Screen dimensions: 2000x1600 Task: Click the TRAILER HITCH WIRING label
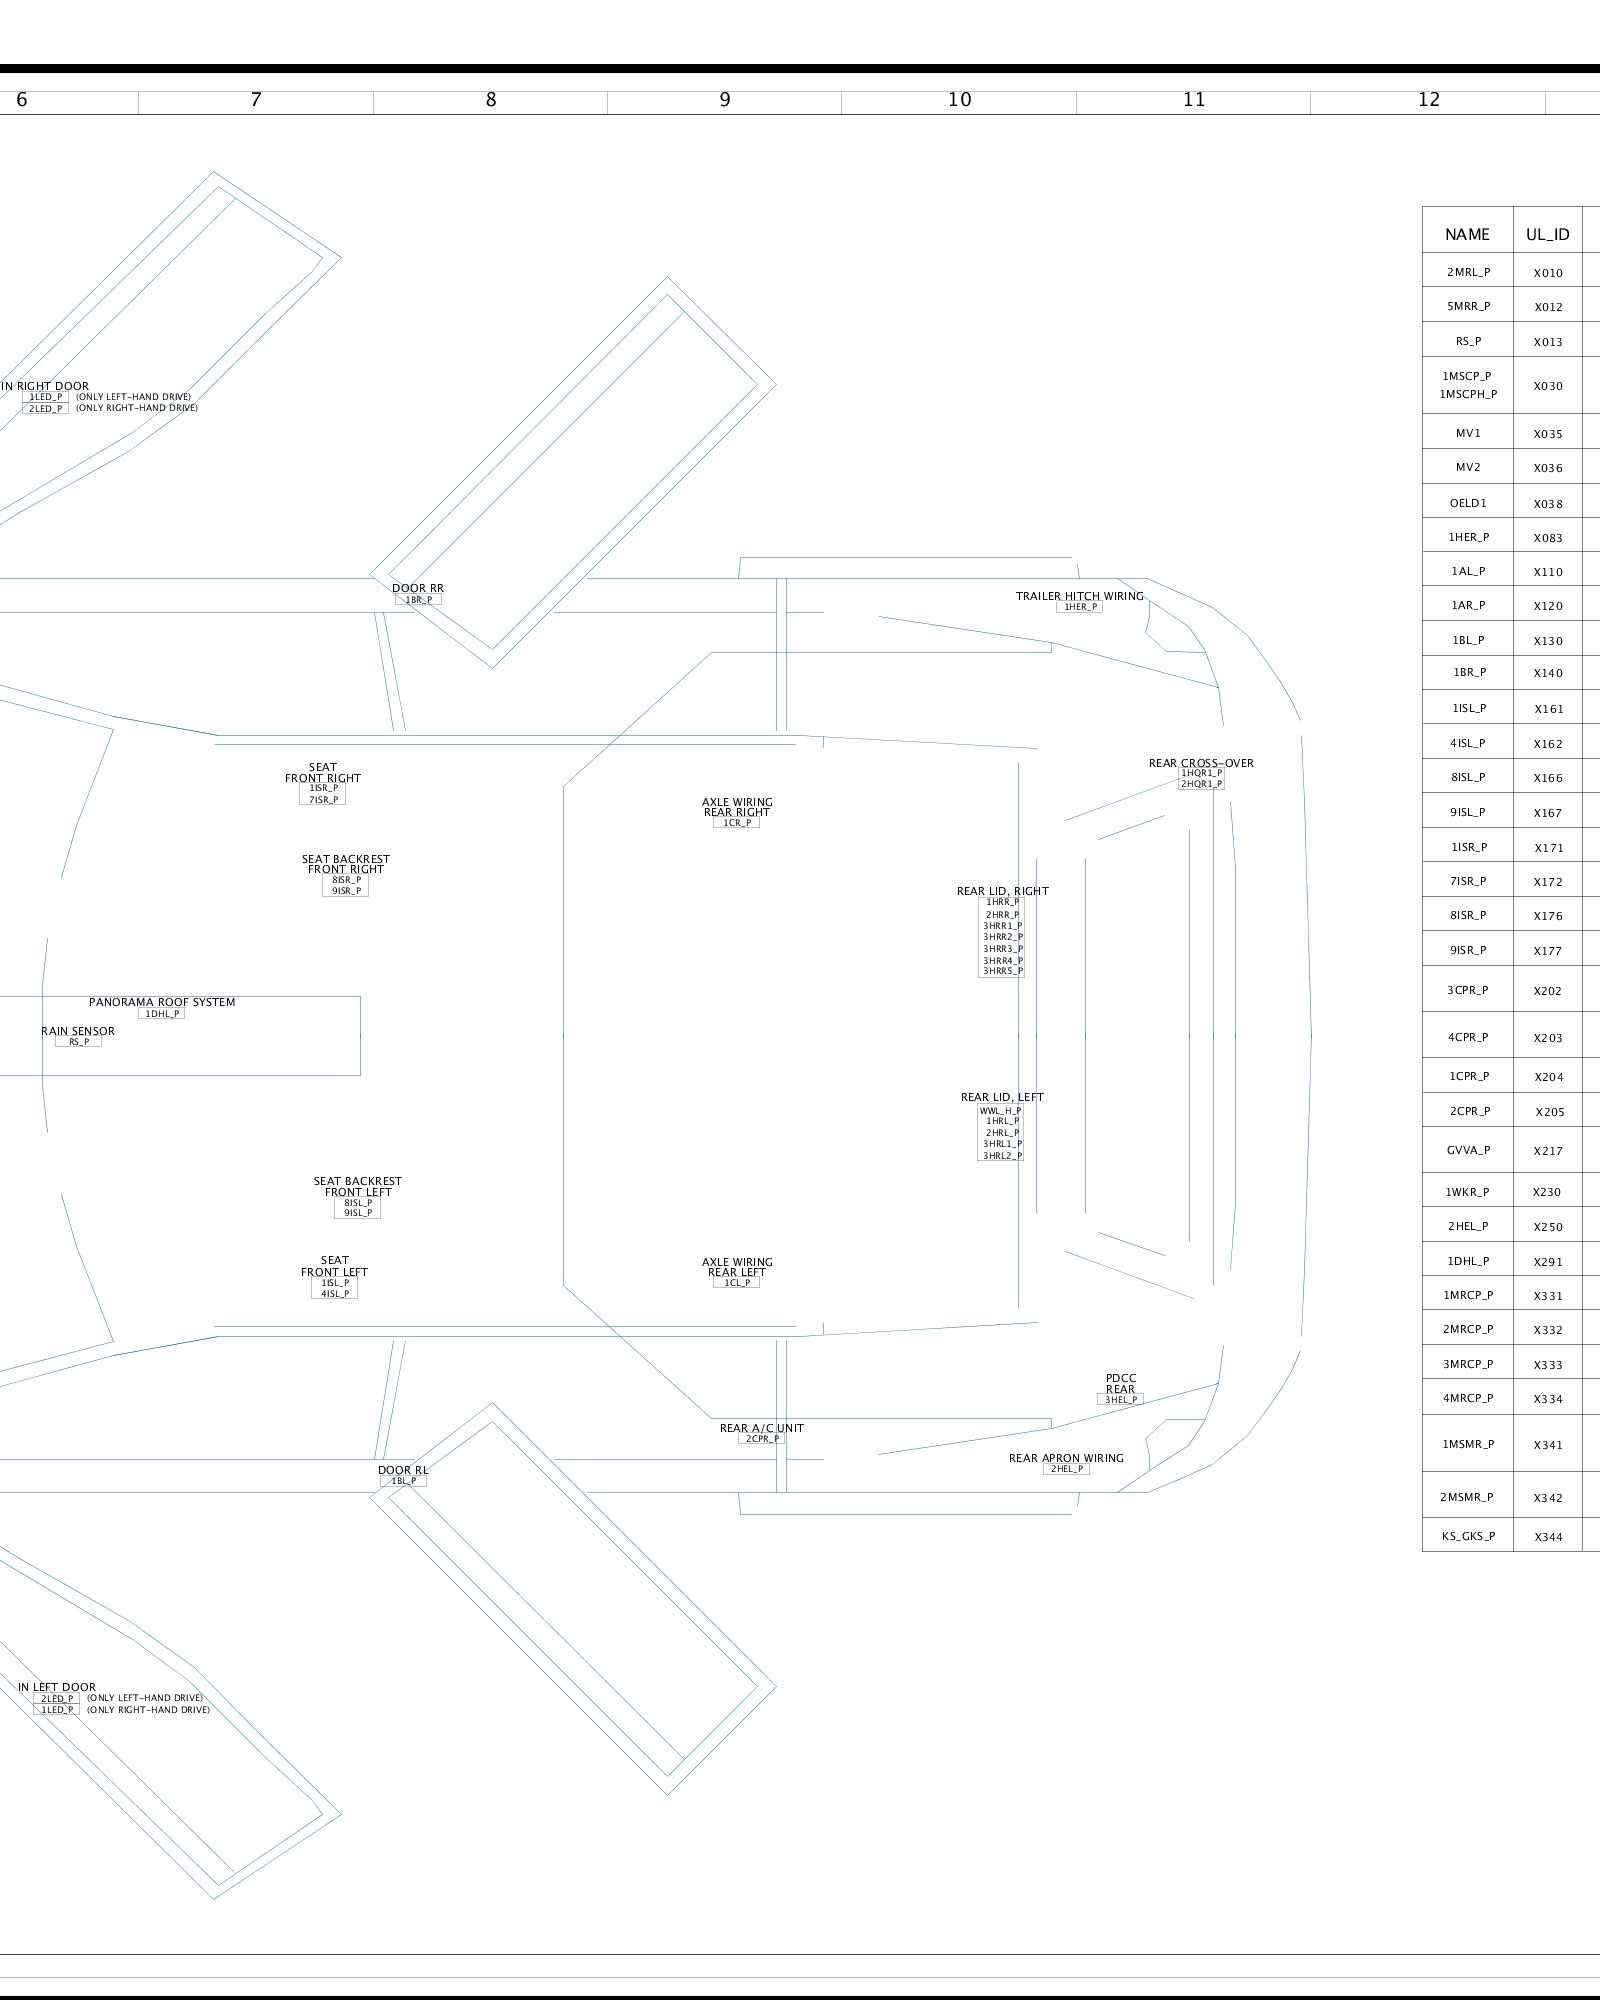pyautogui.click(x=1079, y=596)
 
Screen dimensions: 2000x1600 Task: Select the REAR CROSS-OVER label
pyautogui.click(x=1200, y=763)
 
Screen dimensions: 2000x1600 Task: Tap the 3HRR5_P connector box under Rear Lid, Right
pyautogui.click(x=1002, y=971)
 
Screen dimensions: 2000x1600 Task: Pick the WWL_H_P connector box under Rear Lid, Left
pyautogui.click(x=1000, y=1110)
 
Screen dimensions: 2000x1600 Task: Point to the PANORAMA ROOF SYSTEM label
pyautogui.click(x=162, y=1002)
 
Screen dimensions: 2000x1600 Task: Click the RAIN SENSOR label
pyautogui.click(x=78, y=1031)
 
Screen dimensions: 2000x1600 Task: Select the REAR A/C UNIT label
pyautogui.click(x=761, y=1428)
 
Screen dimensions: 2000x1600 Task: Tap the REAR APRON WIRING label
pyautogui.click(x=1066, y=1458)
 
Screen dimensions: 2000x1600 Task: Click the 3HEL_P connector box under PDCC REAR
pyautogui.click(x=1120, y=1400)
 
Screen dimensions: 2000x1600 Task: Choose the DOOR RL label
pyautogui.click(x=403, y=1470)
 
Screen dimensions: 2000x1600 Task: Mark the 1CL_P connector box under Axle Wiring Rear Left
pyautogui.click(x=737, y=1283)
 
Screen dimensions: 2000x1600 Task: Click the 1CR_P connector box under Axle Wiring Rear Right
pyautogui.click(x=737, y=823)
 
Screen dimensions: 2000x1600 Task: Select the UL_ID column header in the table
pyautogui.click(x=1547, y=235)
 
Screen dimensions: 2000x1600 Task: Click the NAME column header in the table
pyautogui.click(x=1467, y=235)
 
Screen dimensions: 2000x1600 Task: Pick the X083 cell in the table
pyautogui.click(x=1547, y=538)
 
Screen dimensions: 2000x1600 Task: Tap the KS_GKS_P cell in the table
pyautogui.click(x=1468, y=1536)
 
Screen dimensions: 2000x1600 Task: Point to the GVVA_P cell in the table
pyautogui.click(x=1468, y=1150)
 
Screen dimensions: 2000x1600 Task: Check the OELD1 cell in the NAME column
pyautogui.click(x=1468, y=503)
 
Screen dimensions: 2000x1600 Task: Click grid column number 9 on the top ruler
pyautogui.click(x=725, y=100)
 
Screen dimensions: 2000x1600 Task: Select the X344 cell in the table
pyautogui.click(x=1547, y=1537)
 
